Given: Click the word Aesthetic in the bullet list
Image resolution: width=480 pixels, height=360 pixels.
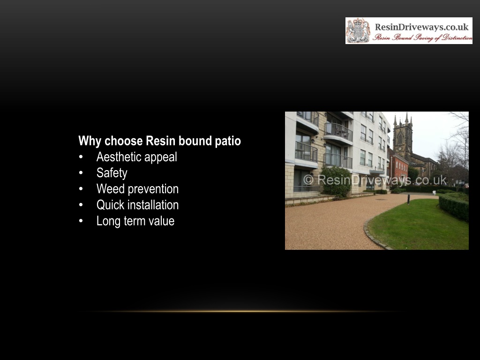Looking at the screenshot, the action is click(x=119, y=157).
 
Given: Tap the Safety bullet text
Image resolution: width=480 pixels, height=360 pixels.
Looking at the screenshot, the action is click(x=112, y=173).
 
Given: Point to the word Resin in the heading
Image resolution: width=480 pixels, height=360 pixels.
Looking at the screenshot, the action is click(x=161, y=141).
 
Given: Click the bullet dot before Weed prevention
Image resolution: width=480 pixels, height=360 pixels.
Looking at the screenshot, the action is click(x=81, y=189).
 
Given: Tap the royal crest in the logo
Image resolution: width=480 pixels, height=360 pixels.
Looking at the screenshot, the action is click(x=358, y=30).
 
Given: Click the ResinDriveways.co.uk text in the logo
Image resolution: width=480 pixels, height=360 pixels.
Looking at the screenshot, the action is click(x=422, y=27).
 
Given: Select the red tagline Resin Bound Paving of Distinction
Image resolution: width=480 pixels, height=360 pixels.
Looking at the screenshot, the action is click(x=423, y=37).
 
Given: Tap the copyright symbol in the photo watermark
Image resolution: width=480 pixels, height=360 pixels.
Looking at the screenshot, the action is click(x=308, y=180).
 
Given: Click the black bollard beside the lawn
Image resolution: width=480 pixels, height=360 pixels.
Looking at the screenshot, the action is click(x=408, y=199).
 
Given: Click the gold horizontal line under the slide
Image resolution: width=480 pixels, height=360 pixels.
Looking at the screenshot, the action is click(x=242, y=312).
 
